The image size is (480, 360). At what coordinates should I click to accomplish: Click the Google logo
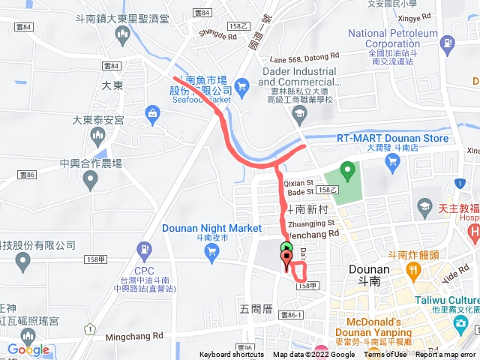coord(28,349)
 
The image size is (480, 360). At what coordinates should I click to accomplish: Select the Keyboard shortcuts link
coord(231,355)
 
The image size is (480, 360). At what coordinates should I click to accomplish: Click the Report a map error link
coord(448,355)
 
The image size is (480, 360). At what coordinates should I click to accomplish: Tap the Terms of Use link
coord(386,355)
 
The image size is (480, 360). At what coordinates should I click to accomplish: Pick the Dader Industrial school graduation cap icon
coord(300,115)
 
